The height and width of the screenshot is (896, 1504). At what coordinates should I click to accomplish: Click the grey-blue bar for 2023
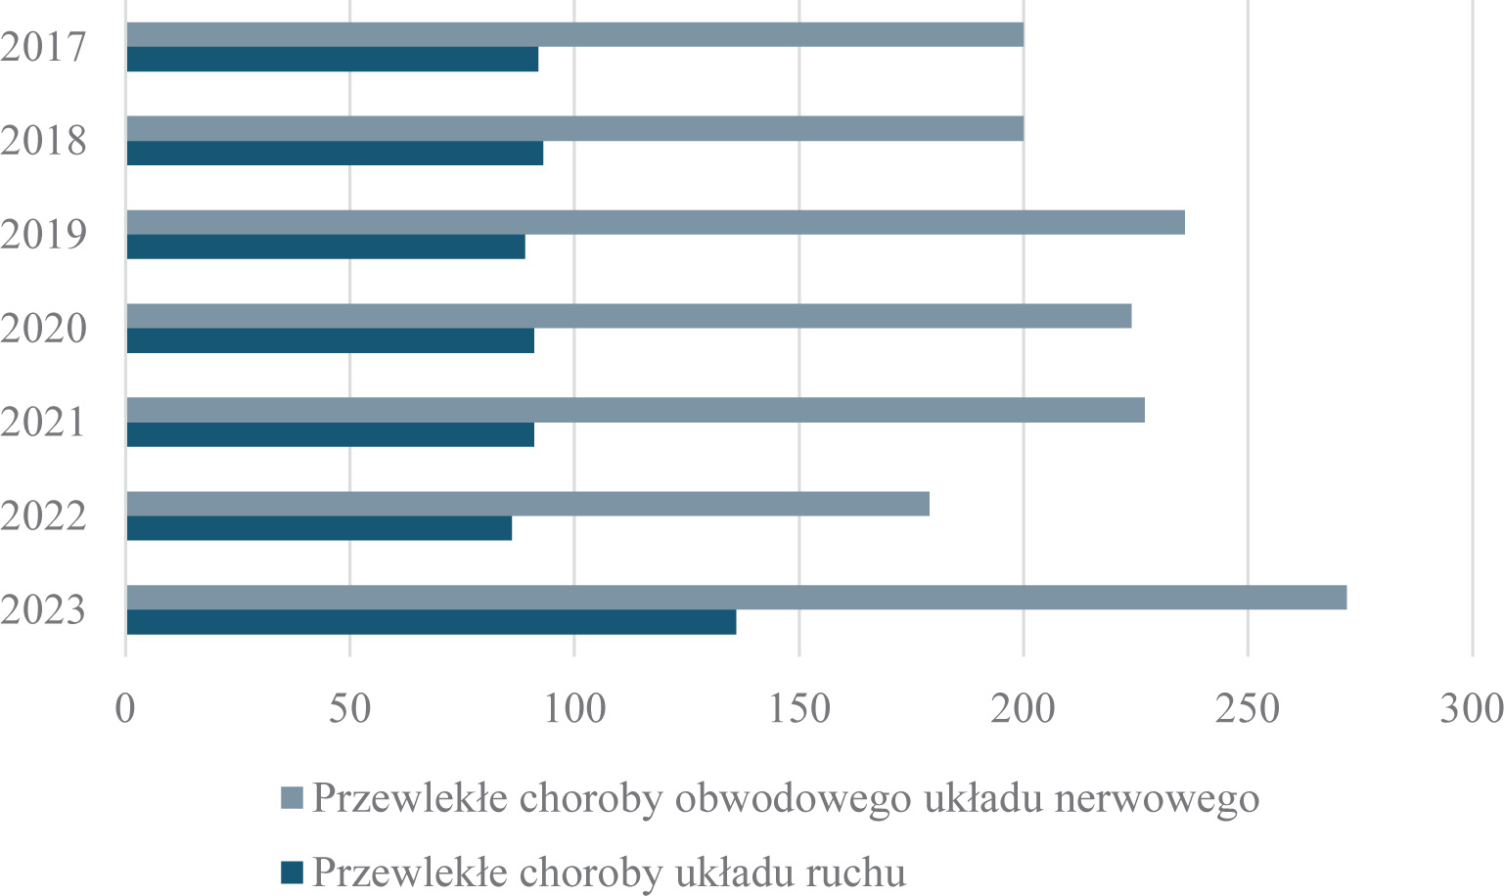click(736, 597)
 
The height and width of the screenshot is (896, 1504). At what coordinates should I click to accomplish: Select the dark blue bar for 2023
click(431, 622)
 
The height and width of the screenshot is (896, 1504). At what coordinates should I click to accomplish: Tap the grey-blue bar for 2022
click(527, 504)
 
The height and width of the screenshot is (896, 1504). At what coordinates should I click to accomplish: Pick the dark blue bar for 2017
click(332, 59)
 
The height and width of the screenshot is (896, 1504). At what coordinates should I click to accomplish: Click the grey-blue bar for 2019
click(656, 222)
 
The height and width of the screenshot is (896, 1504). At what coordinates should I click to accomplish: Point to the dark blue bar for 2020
click(330, 340)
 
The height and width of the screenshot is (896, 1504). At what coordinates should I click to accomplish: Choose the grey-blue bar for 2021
click(635, 410)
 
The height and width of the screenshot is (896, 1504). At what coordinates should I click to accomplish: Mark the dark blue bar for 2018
click(335, 153)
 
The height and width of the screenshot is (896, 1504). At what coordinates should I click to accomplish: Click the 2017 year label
click(44, 47)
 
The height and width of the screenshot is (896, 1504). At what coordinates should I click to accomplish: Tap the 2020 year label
click(44, 329)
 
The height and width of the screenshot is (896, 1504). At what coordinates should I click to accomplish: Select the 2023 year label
click(44, 610)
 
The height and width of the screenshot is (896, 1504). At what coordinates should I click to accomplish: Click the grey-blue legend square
click(293, 798)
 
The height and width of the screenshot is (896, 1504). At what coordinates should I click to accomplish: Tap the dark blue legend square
click(293, 870)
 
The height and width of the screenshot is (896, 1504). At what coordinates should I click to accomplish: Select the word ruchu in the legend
click(849, 871)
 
